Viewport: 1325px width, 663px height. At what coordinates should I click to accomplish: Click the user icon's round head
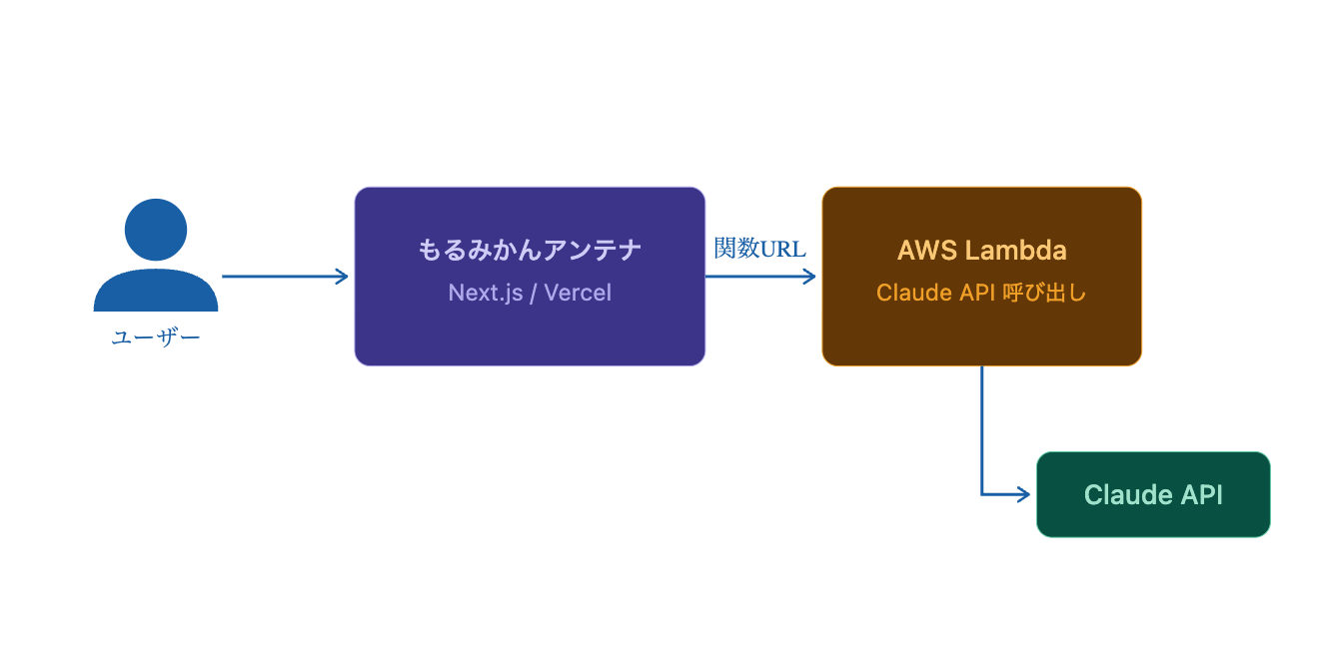click(156, 230)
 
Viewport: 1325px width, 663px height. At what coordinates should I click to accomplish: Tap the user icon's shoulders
click(156, 291)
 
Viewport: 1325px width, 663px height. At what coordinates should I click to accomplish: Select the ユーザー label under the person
click(156, 338)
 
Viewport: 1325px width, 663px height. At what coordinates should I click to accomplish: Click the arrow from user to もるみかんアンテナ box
click(284, 277)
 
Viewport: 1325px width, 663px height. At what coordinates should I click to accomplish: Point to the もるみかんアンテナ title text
click(530, 250)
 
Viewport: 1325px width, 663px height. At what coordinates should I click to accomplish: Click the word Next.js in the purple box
click(486, 293)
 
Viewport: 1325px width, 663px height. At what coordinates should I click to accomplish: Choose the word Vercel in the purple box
click(578, 293)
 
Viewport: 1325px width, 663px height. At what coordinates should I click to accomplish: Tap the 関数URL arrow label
click(759, 249)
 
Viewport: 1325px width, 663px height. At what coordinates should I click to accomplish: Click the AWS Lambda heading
click(981, 250)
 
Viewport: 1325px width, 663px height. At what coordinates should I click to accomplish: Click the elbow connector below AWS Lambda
click(982, 493)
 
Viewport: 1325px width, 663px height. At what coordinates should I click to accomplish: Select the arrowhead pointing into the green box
click(1024, 493)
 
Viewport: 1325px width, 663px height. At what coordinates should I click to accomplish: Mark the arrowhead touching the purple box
click(343, 277)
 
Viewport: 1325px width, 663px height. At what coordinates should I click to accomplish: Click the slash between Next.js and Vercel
click(534, 293)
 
